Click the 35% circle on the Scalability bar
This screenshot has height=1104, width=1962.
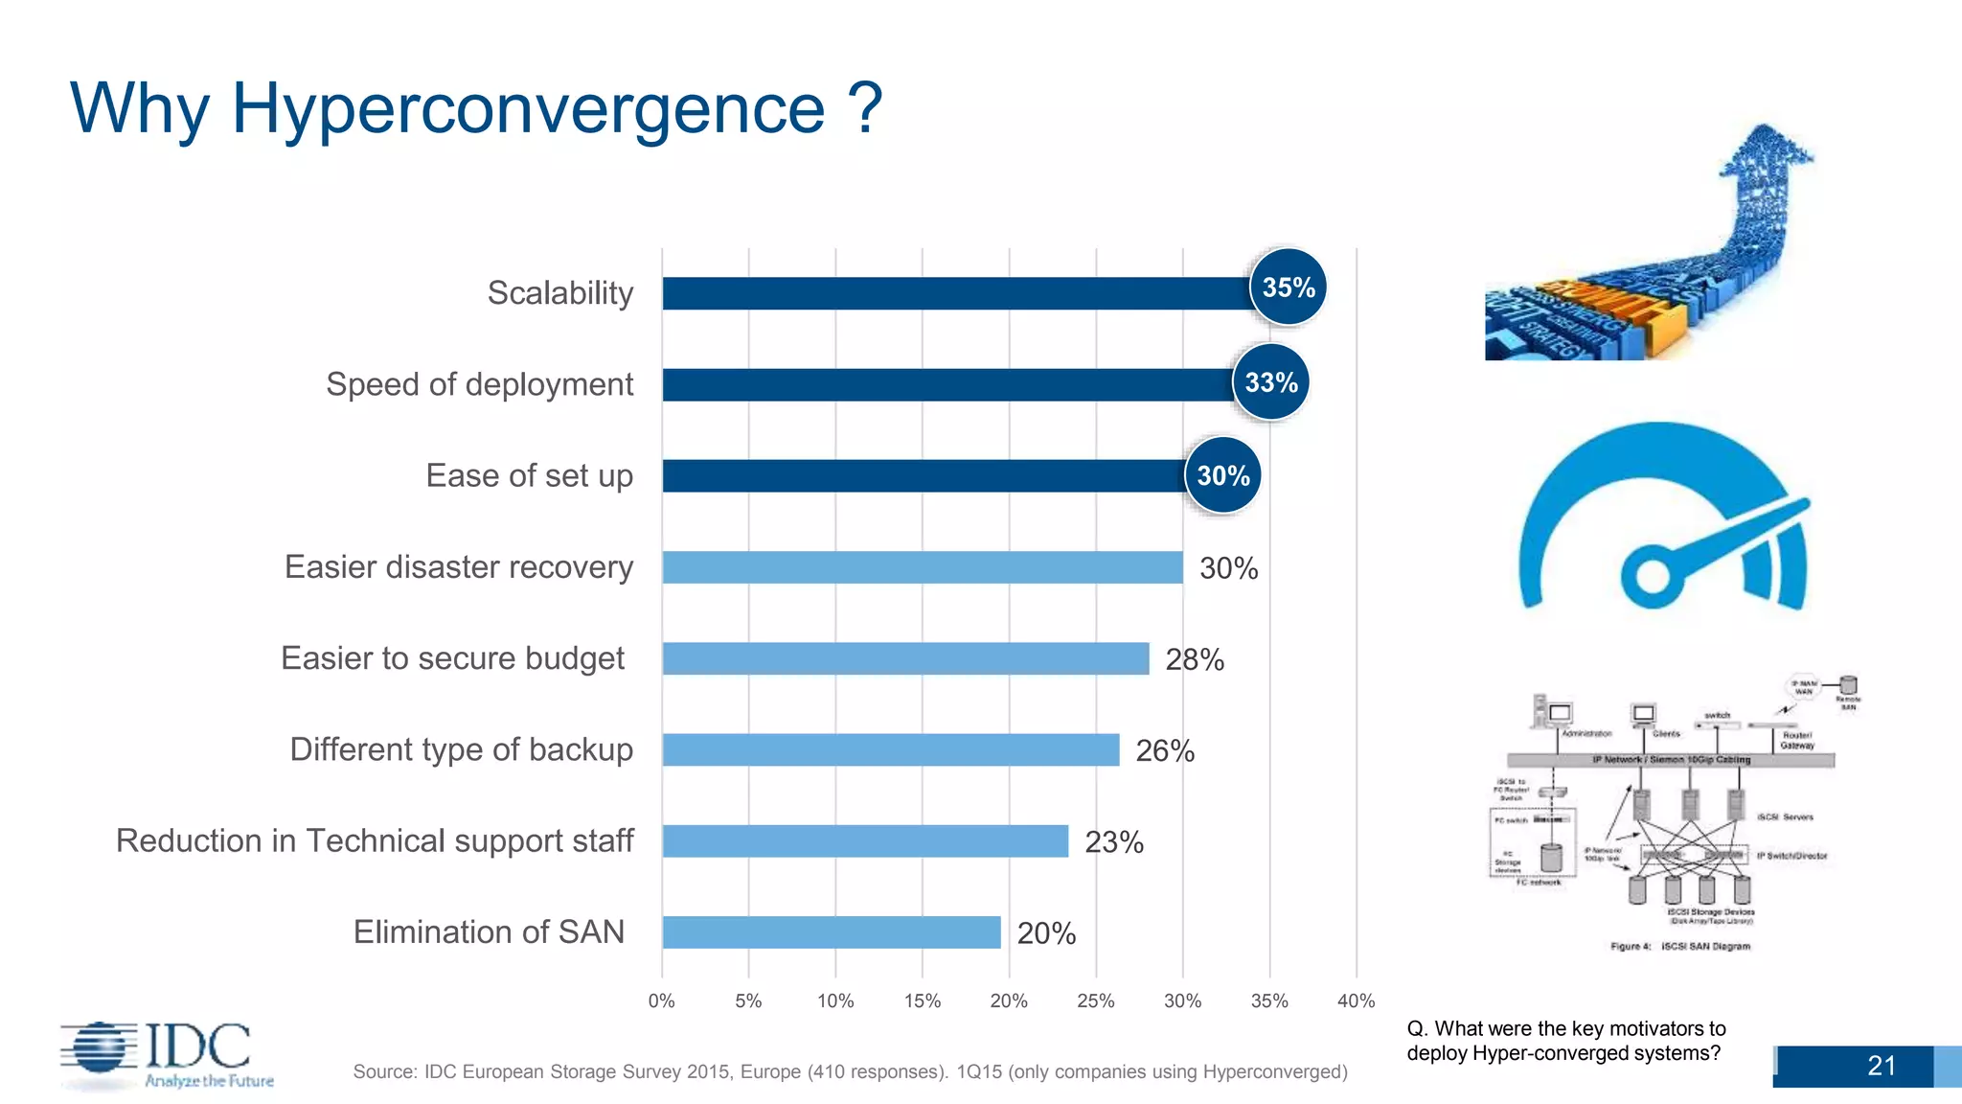[x=1288, y=287]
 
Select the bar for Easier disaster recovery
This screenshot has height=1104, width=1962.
[x=922, y=567]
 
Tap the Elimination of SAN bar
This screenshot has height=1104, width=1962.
[x=831, y=932]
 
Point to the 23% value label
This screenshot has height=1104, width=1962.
[x=1113, y=842]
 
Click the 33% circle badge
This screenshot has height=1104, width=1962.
[x=1270, y=382]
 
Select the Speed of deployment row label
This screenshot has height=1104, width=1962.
[x=479, y=384]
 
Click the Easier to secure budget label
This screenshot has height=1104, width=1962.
[x=452, y=658]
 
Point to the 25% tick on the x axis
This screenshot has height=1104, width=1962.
[x=1095, y=1001]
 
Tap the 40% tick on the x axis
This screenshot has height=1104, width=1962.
[x=1356, y=1001]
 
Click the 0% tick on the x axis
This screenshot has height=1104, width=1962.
[x=661, y=1001]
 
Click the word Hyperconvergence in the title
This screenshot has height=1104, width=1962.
[x=528, y=107]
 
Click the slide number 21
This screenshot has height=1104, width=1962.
[x=1881, y=1066]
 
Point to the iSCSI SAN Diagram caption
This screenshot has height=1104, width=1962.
[x=1680, y=947]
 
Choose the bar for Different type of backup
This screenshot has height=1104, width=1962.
[x=890, y=749]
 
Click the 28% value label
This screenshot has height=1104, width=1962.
[x=1194, y=659]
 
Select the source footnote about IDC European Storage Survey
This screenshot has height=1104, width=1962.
[x=850, y=1071]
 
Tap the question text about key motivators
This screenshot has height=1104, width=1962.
[x=1565, y=1041]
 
